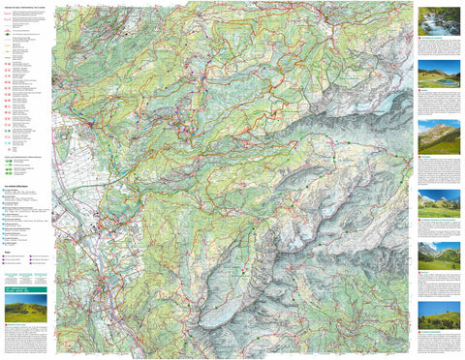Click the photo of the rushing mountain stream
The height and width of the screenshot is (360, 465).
pyautogui.click(x=438, y=20)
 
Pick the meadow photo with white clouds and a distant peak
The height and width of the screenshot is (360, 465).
pyautogui.click(x=438, y=201)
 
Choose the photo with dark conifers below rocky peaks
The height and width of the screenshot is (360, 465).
pyautogui.click(x=438, y=256)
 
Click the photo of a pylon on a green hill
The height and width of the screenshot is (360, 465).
pyautogui.click(x=438, y=315)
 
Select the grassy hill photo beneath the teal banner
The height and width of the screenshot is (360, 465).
pyautogui.click(x=24, y=312)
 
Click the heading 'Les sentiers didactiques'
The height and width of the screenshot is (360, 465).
pyautogui.click(x=18, y=183)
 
